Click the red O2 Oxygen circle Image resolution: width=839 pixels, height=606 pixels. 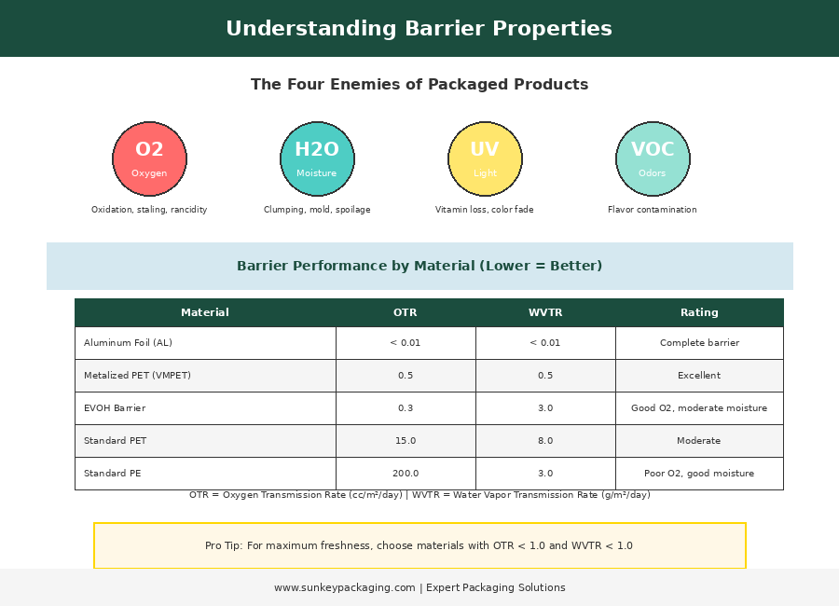pyautogui.click(x=149, y=159)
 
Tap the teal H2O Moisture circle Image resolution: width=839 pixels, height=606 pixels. pyautogui.click(x=317, y=159)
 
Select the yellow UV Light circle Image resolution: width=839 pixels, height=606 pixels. pyautogui.click(x=486, y=159)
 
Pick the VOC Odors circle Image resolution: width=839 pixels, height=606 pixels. pyautogui.click(x=653, y=159)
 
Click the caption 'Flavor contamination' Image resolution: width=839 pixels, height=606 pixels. pyautogui.click(x=653, y=210)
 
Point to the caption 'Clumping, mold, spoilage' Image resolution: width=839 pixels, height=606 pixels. pyautogui.click(x=317, y=210)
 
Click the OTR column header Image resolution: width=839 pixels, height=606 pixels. pyautogui.click(x=406, y=312)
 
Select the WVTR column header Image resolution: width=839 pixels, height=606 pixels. pyautogui.click(x=545, y=312)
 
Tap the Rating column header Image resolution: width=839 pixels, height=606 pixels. pyautogui.click(x=699, y=312)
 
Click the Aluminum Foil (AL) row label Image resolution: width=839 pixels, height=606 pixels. pyautogui.click(x=128, y=342)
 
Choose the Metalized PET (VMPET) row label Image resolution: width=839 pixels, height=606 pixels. pyautogui.click(x=138, y=376)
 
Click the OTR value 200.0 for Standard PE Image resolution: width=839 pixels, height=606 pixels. pyautogui.click(x=406, y=474)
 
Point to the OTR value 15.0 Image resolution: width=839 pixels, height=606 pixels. pyautogui.click(x=406, y=441)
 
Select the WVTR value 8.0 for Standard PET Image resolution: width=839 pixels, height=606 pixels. pyautogui.click(x=545, y=441)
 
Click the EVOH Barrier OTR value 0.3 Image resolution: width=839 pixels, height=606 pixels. pyautogui.click(x=406, y=408)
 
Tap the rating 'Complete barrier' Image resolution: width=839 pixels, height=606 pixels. pyautogui.click(x=699, y=342)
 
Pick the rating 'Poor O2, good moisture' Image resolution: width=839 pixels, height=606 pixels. pyautogui.click(x=699, y=474)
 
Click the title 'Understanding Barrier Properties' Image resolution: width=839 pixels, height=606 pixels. pyautogui.click(x=419, y=28)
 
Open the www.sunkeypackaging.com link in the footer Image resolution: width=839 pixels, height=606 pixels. pyautogui.click(x=345, y=587)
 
